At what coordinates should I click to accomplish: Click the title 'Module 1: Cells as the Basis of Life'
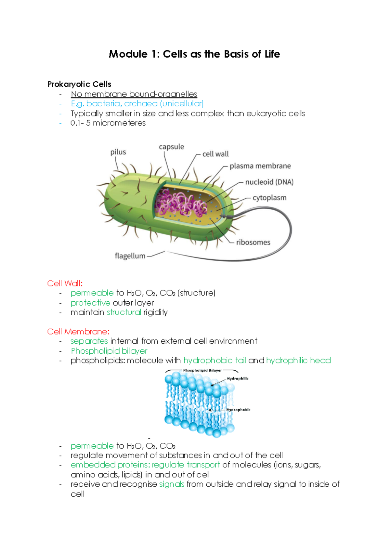[x=194, y=54]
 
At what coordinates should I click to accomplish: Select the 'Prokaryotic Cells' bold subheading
[x=79, y=84]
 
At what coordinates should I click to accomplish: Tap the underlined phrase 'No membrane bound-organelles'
[x=134, y=94]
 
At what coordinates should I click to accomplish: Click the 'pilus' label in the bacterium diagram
[x=118, y=152]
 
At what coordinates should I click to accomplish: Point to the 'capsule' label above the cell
[x=171, y=147]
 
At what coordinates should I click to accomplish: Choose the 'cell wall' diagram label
[x=215, y=154]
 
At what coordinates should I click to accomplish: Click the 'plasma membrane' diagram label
[x=260, y=166]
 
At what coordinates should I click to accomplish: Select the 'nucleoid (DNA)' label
[x=269, y=182]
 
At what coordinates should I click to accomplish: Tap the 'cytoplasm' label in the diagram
[x=269, y=198]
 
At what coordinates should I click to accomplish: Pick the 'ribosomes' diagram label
[x=253, y=242]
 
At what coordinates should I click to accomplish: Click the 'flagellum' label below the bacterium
[x=130, y=256]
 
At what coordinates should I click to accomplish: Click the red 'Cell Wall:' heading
[x=65, y=283]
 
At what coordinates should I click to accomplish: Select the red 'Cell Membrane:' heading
[x=78, y=332]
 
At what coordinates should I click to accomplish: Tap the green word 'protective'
[x=90, y=303]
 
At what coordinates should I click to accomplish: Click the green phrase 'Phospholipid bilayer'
[x=109, y=351]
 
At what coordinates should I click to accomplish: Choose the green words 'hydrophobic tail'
[x=214, y=360]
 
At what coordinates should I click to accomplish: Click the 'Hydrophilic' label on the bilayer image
[x=238, y=378]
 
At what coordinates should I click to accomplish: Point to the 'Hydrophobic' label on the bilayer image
[x=238, y=410]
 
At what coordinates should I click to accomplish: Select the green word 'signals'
[x=172, y=484]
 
